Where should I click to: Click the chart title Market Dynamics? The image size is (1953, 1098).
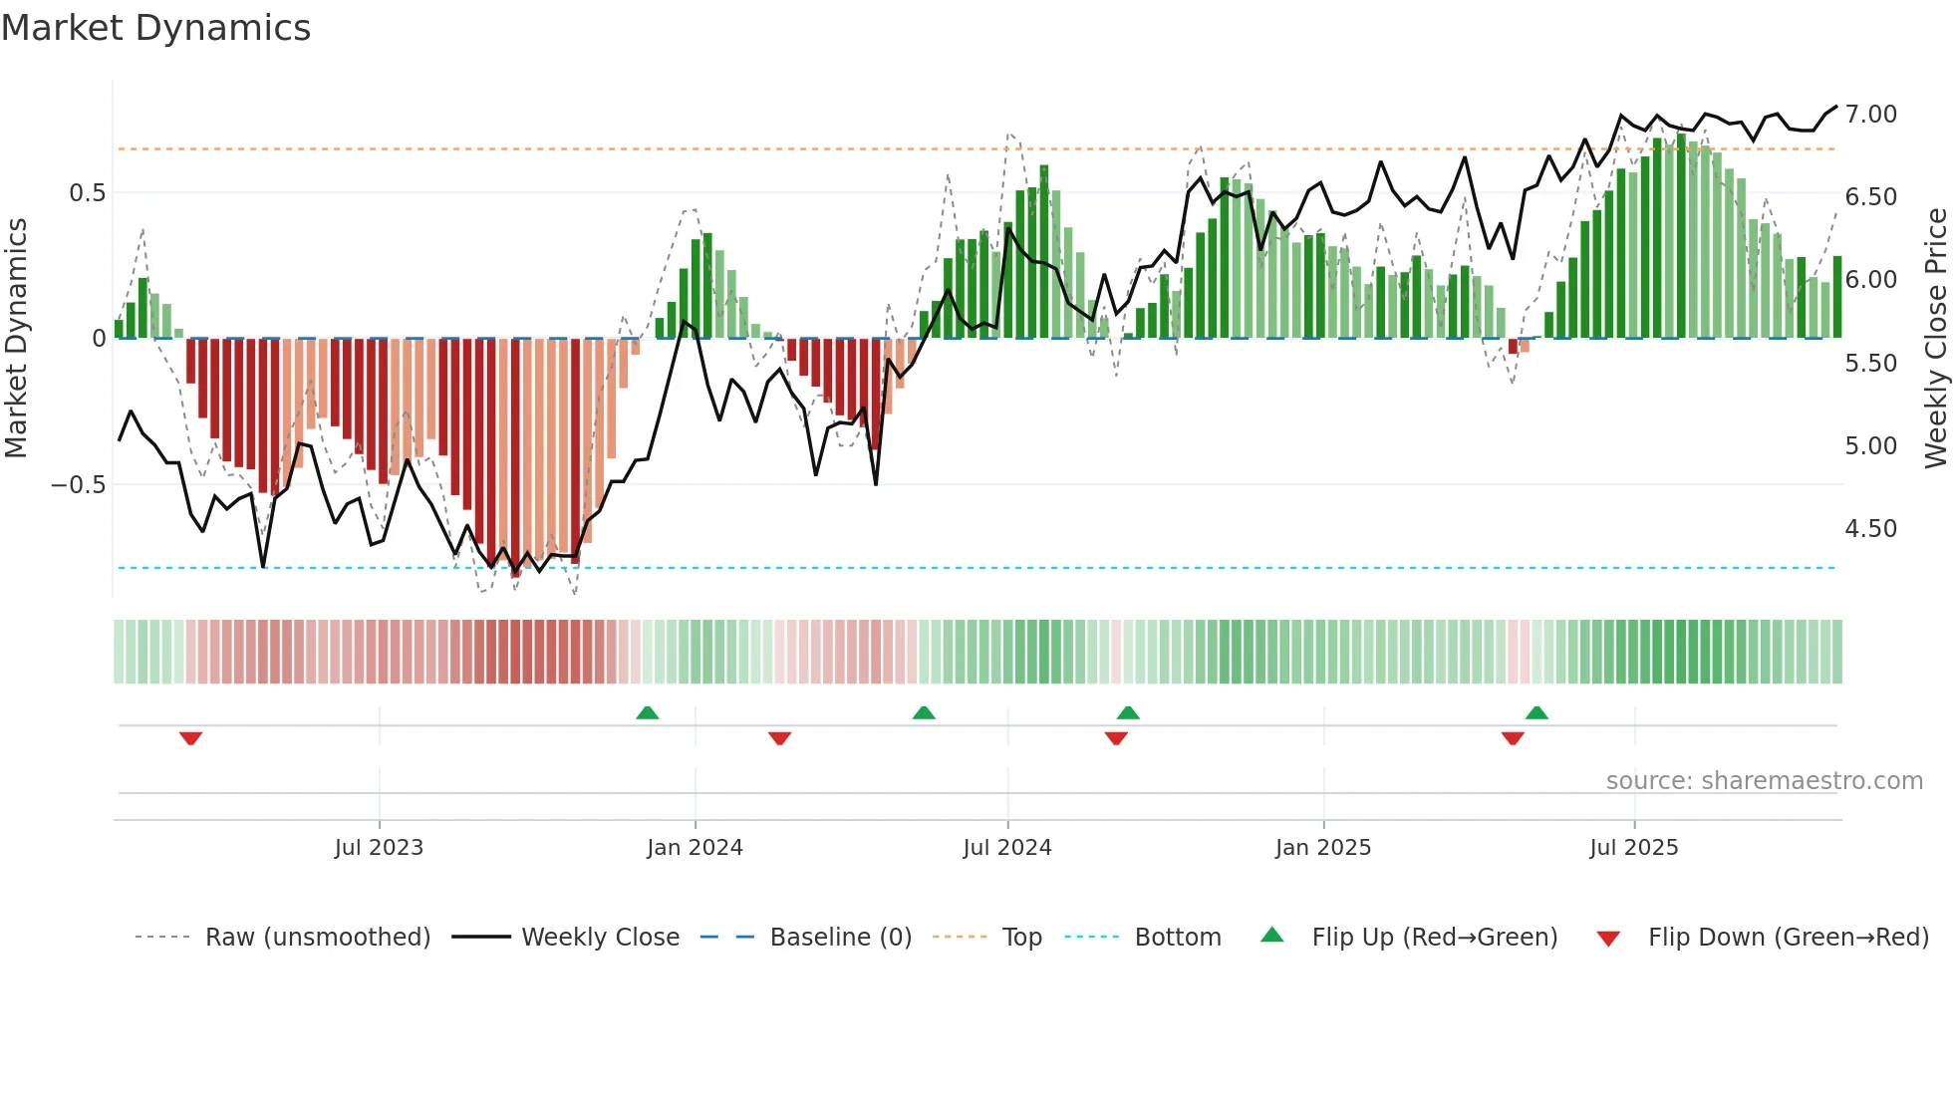(x=155, y=28)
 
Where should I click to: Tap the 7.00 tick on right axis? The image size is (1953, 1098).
(x=1870, y=115)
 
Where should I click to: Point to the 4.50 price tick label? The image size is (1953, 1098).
(x=1870, y=529)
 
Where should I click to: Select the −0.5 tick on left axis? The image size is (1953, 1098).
(x=78, y=485)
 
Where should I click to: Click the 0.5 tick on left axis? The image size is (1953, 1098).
(x=87, y=193)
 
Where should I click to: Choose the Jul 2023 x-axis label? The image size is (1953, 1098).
(x=379, y=848)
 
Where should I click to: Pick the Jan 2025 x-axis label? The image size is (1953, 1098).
(x=1322, y=848)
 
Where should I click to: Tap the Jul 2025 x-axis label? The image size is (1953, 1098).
(x=1633, y=848)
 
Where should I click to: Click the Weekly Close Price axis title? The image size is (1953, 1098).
(x=1935, y=338)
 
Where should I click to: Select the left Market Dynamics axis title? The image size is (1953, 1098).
(x=16, y=338)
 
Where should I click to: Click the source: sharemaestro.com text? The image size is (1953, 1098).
(x=1764, y=781)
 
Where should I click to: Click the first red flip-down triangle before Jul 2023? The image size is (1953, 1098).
(x=190, y=738)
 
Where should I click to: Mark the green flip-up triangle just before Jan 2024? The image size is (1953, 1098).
(x=648, y=712)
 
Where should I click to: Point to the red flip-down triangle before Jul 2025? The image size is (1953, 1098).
(x=1513, y=738)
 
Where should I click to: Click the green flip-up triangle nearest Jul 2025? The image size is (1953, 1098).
(x=1536, y=712)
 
